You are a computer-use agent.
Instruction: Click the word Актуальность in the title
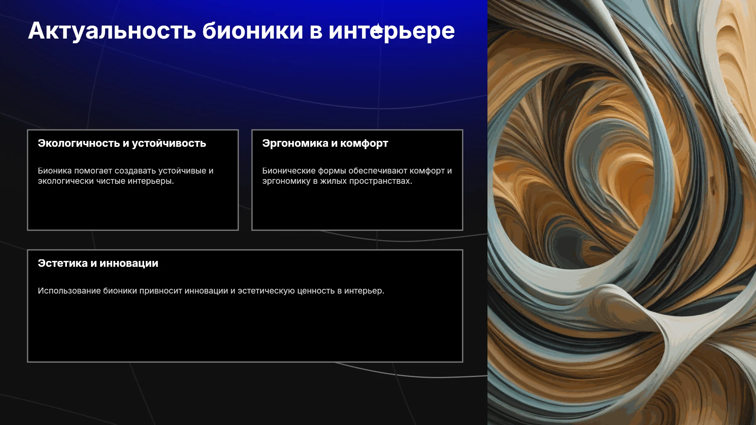(x=112, y=31)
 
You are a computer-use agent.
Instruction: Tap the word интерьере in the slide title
(x=392, y=31)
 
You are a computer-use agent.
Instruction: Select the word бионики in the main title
(x=253, y=30)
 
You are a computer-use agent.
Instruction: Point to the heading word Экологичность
(x=79, y=143)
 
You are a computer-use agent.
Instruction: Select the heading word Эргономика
(x=295, y=144)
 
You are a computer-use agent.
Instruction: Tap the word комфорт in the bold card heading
(x=364, y=144)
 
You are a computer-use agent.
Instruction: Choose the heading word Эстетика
(x=63, y=263)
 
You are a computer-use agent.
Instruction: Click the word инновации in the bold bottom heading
(x=129, y=264)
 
